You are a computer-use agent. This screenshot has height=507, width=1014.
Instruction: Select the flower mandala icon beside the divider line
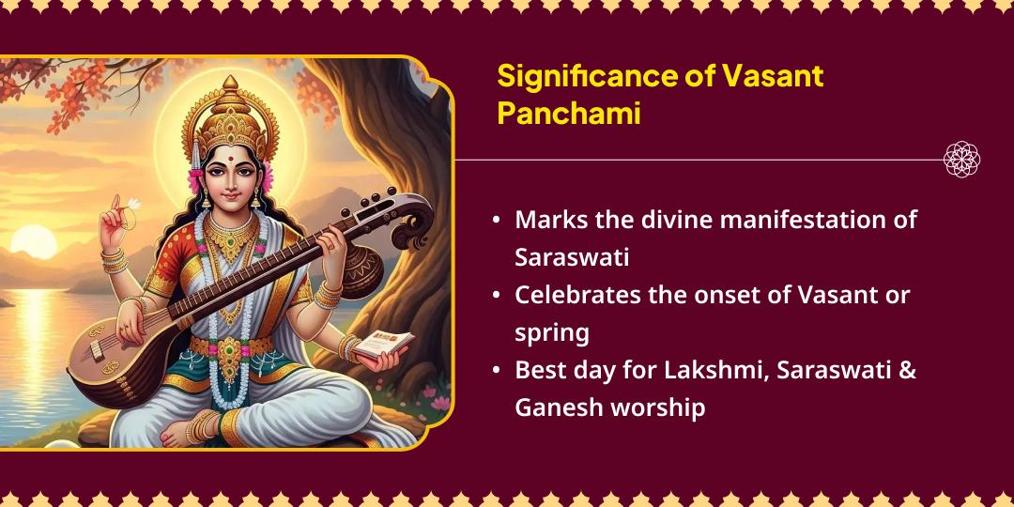[961, 160]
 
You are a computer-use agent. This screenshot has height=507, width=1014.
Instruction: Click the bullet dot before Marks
[496, 221]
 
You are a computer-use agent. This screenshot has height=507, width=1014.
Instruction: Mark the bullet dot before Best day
[496, 370]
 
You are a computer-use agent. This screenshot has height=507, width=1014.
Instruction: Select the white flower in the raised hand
[132, 203]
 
